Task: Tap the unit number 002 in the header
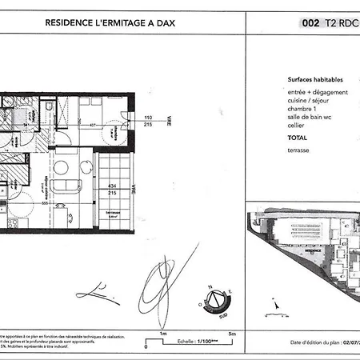(x=307, y=23)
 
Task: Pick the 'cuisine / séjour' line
(x=309, y=102)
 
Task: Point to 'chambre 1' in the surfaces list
(x=301, y=111)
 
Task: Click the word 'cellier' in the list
(x=296, y=129)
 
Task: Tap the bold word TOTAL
(x=298, y=138)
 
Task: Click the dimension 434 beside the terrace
(x=113, y=186)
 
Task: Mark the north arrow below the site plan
(x=274, y=303)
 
